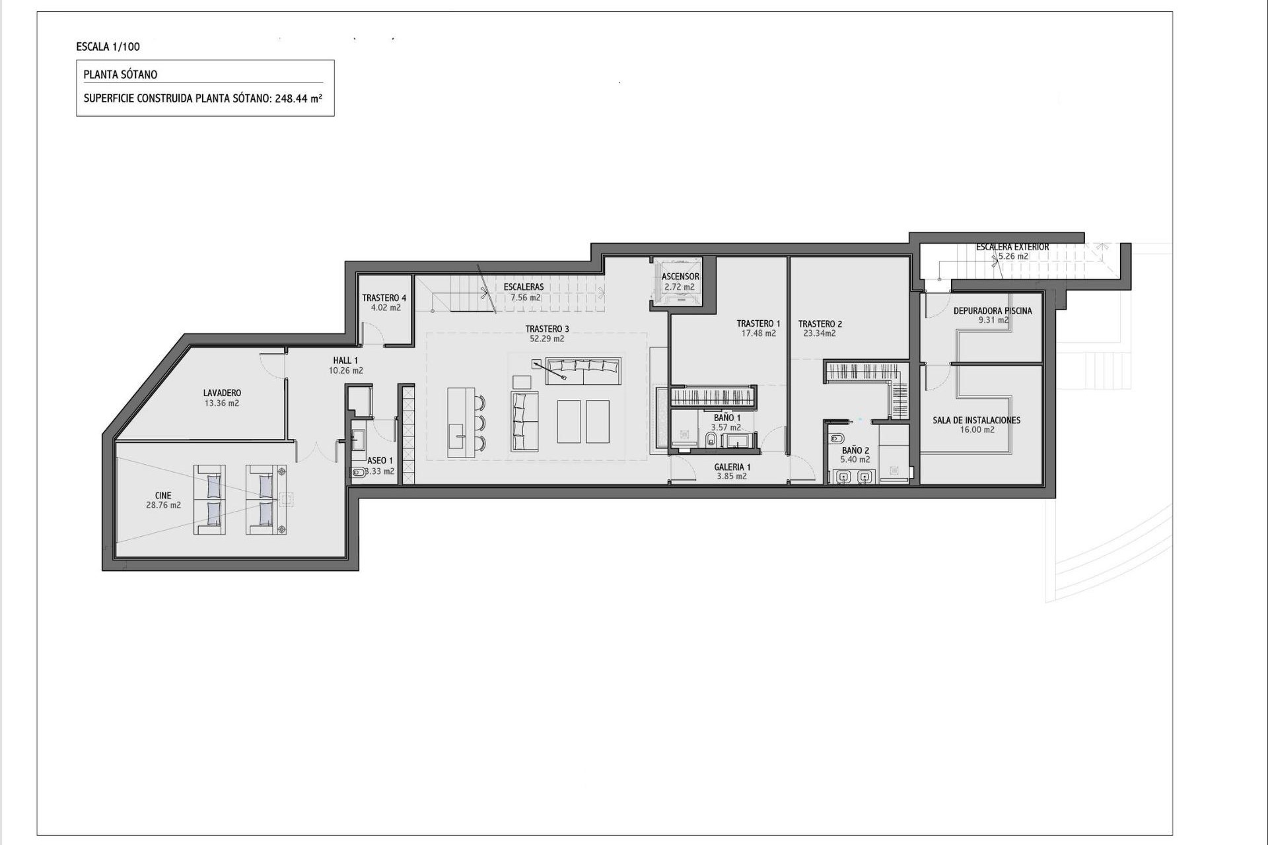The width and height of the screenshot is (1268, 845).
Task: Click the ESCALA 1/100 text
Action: pos(108,47)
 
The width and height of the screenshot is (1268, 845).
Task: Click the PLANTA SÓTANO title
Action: pos(120,75)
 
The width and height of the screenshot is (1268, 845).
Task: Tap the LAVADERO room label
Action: pos(222,393)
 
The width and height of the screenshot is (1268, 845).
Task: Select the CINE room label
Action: pos(163,495)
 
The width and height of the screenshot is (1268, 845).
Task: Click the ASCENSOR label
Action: pos(680,277)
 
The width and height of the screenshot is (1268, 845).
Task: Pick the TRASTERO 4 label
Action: pos(384,298)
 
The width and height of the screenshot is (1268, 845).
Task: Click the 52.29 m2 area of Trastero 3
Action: pos(547,339)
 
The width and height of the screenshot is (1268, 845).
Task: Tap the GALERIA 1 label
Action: pos(732,467)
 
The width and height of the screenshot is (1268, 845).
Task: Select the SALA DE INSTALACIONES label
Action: pos(976,420)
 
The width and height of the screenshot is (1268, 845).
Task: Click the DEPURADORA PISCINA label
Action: pos(992,311)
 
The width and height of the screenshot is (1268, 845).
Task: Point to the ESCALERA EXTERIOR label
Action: pos(1012,247)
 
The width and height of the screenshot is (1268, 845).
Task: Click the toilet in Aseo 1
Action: pos(357,472)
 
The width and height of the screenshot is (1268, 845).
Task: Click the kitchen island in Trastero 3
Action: pos(460,422)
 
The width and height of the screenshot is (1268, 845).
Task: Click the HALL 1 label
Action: pos(345,360)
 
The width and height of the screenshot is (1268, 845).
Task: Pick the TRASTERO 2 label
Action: pos(820,323)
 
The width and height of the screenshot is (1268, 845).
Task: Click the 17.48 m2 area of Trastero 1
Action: pos(758,333)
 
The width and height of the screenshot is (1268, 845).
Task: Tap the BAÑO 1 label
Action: pos(726,418)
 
